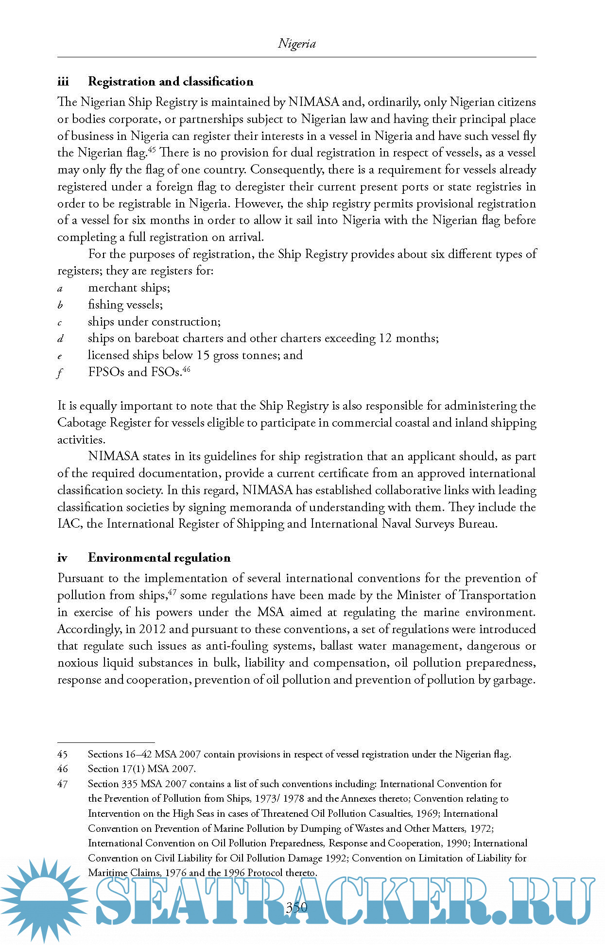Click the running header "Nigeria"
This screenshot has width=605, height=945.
[x=296, y=44]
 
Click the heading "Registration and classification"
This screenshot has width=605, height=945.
[x=171, y=82]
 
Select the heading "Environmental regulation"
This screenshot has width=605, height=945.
[x=159, y=558]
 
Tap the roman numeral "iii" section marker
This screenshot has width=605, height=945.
[x=63, y=82]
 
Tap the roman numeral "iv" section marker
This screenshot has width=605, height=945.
[x=62, y=558]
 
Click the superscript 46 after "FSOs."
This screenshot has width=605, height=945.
[x=186, y=369]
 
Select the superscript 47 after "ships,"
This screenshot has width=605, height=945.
[x=172, y=592]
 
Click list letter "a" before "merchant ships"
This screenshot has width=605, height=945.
[x=60, y=289]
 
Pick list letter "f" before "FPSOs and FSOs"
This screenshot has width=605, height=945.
[x=60, y=373]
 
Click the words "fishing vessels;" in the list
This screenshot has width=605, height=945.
[x=125, y=305]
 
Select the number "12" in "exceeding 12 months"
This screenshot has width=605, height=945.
[x=386, y=339]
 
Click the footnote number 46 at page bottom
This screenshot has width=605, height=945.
[x=62, y=769]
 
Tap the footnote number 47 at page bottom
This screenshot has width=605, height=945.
[x=62, y=784]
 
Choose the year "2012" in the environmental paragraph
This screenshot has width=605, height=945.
[x=152, y=629]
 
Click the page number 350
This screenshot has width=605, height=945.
[x=296, y=907]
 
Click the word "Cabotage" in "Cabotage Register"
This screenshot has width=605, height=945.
[x=82, y=423]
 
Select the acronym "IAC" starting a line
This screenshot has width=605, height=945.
[x=69, y=524]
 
